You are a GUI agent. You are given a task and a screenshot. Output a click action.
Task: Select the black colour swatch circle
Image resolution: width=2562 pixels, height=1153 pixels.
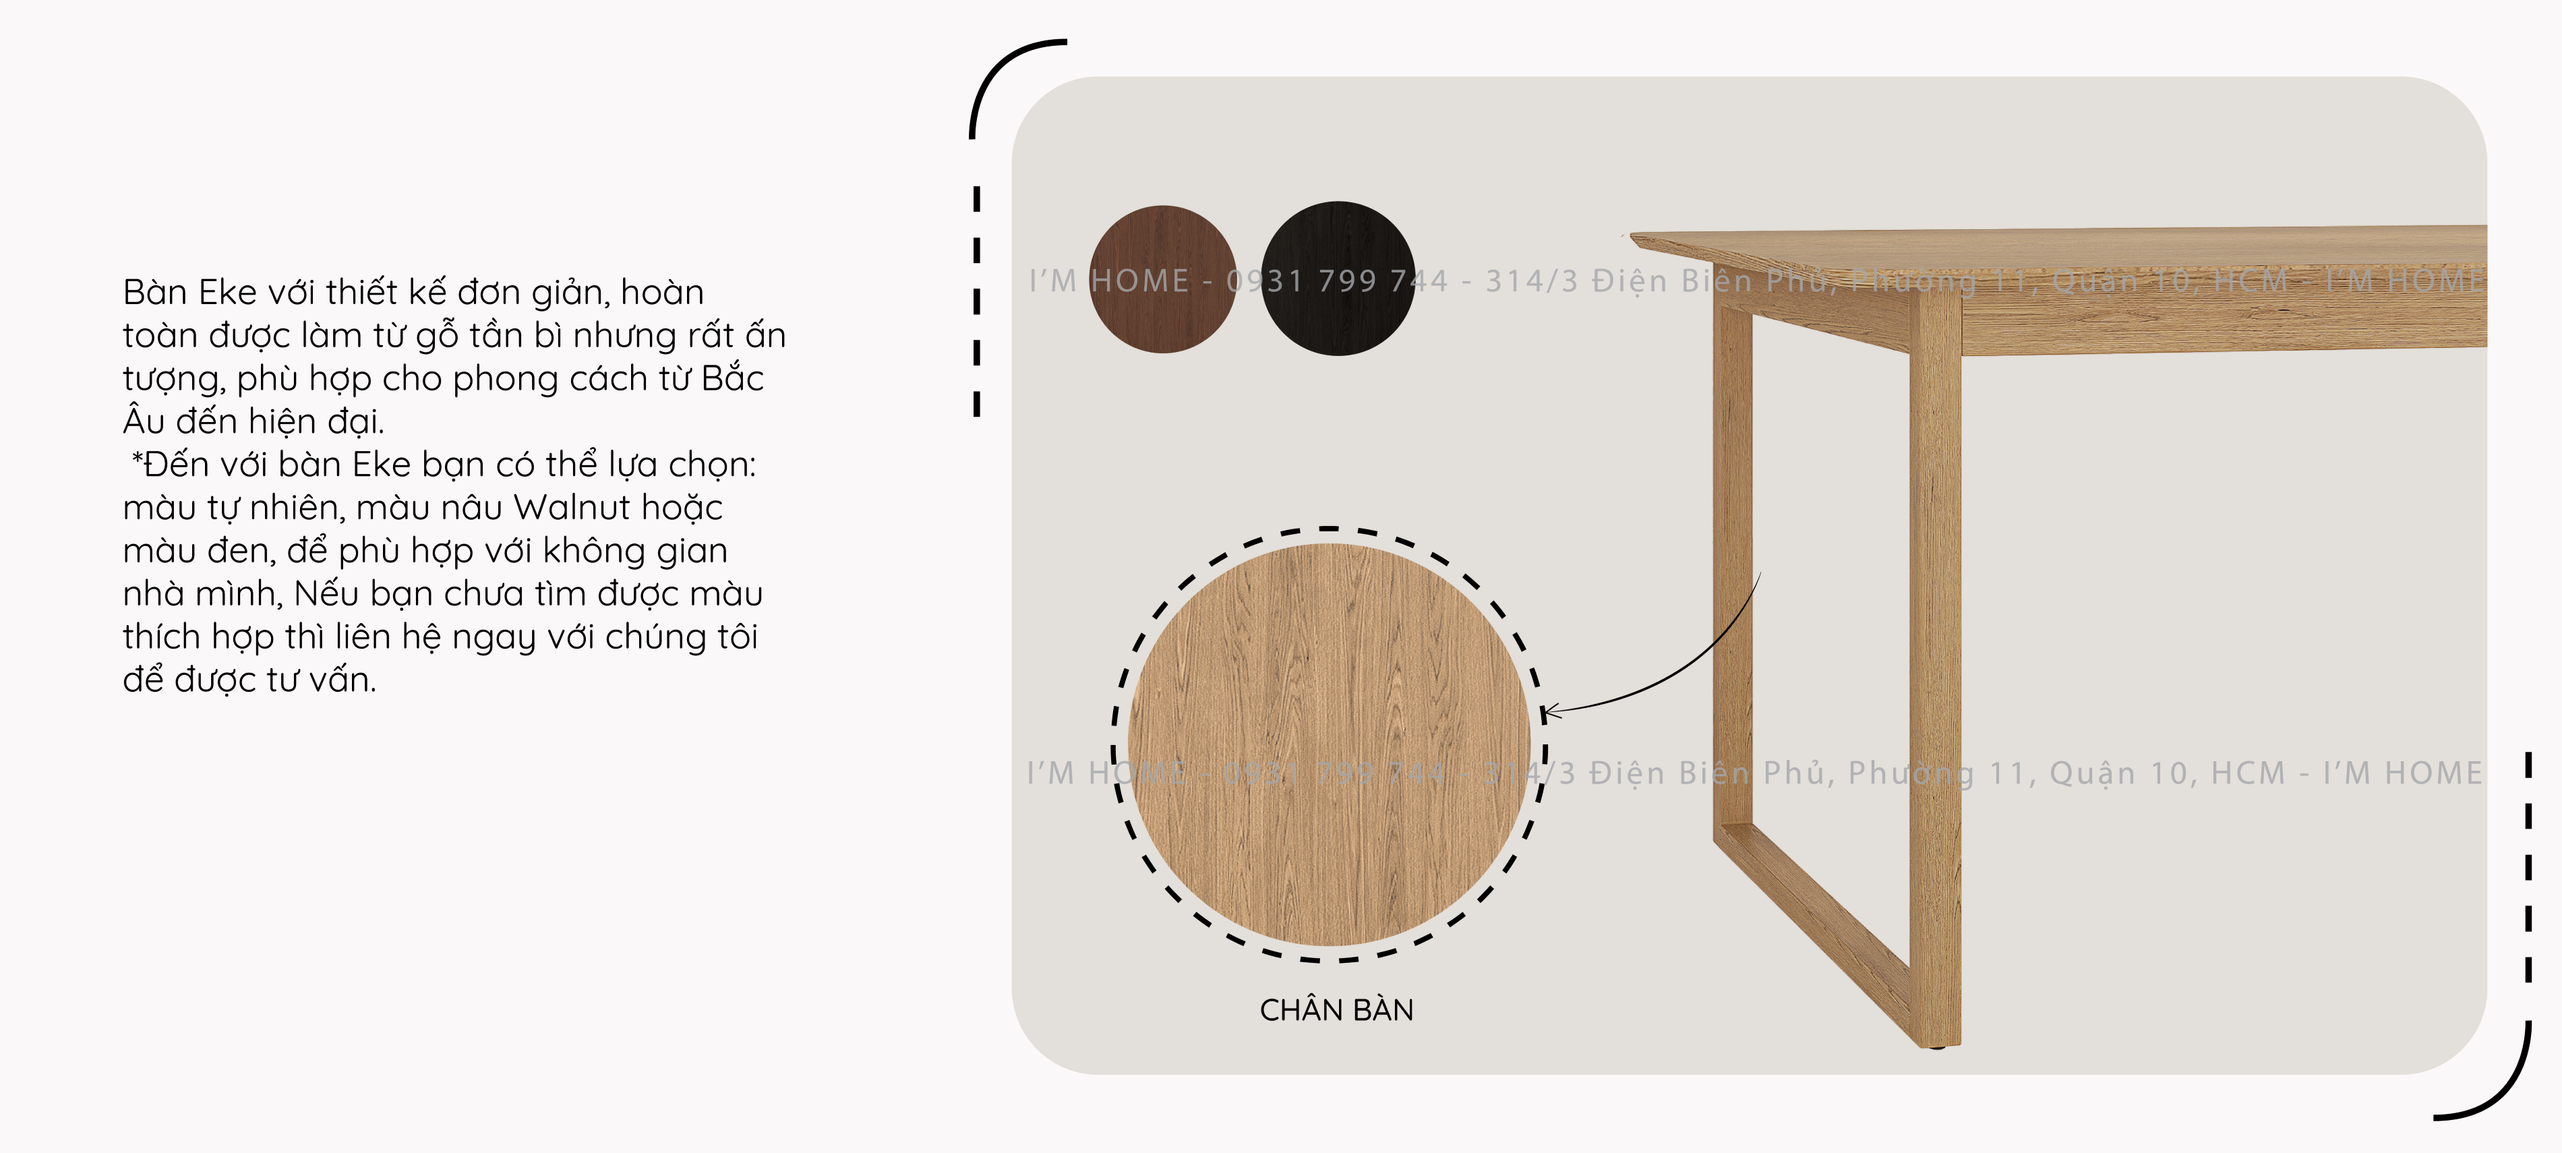(x=1338, y=278)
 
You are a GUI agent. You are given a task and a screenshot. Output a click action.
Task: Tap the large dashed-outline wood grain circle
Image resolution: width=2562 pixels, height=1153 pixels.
(x=1330, y=744)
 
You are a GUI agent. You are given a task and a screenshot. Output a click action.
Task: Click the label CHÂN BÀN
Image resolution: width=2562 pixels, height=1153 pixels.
(x=1336, y=1010)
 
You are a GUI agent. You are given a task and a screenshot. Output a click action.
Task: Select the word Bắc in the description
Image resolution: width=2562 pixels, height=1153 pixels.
(x=732, y=378)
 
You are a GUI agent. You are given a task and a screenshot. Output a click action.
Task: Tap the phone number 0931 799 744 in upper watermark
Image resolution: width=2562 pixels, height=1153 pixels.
(x=1337, y=280)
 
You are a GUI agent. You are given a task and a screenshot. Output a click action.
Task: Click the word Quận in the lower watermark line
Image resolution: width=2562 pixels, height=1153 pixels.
(x=2093, y=773)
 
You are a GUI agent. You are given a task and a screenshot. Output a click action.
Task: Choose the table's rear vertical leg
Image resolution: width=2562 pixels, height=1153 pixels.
(x=1733, y=567)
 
